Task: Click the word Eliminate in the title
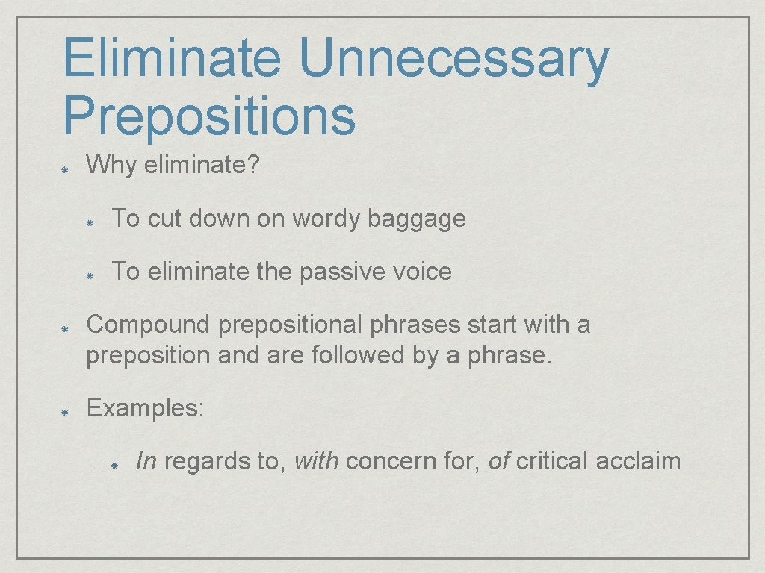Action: pyautogui.click(x=173, y=60)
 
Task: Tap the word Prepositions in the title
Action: pyautogui.click(x=209, y=116)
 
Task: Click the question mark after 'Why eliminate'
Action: pyautogui.click(x=253, y=165)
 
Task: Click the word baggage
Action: pyautogui.click(x=417, y=219)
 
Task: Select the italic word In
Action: pyautogui.click(x=146, y=461)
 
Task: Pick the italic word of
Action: pyautogui.click(x=498, y=461)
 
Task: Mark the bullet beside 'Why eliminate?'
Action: pyautogui.click(x=66, y=168)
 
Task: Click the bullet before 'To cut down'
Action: pyautogui.click(x=89, y=222)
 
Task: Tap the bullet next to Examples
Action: pyautogui.click(x=66, y=411)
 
